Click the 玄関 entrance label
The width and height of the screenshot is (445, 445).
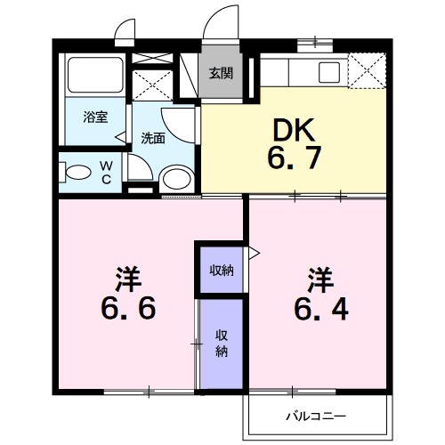click(221, 74)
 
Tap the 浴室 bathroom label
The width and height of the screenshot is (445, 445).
click(95, 117)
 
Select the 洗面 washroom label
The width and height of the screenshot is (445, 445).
click(153, 138)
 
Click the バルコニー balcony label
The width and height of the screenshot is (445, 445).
click(314, 416)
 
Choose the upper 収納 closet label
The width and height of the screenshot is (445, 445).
click(221, 271)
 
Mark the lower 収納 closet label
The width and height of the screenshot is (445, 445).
click(221, 343)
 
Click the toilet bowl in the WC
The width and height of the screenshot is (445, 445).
click(79, 172)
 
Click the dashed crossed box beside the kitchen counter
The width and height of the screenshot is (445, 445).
click(366, 69)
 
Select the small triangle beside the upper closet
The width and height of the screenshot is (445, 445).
click(252, 254)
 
